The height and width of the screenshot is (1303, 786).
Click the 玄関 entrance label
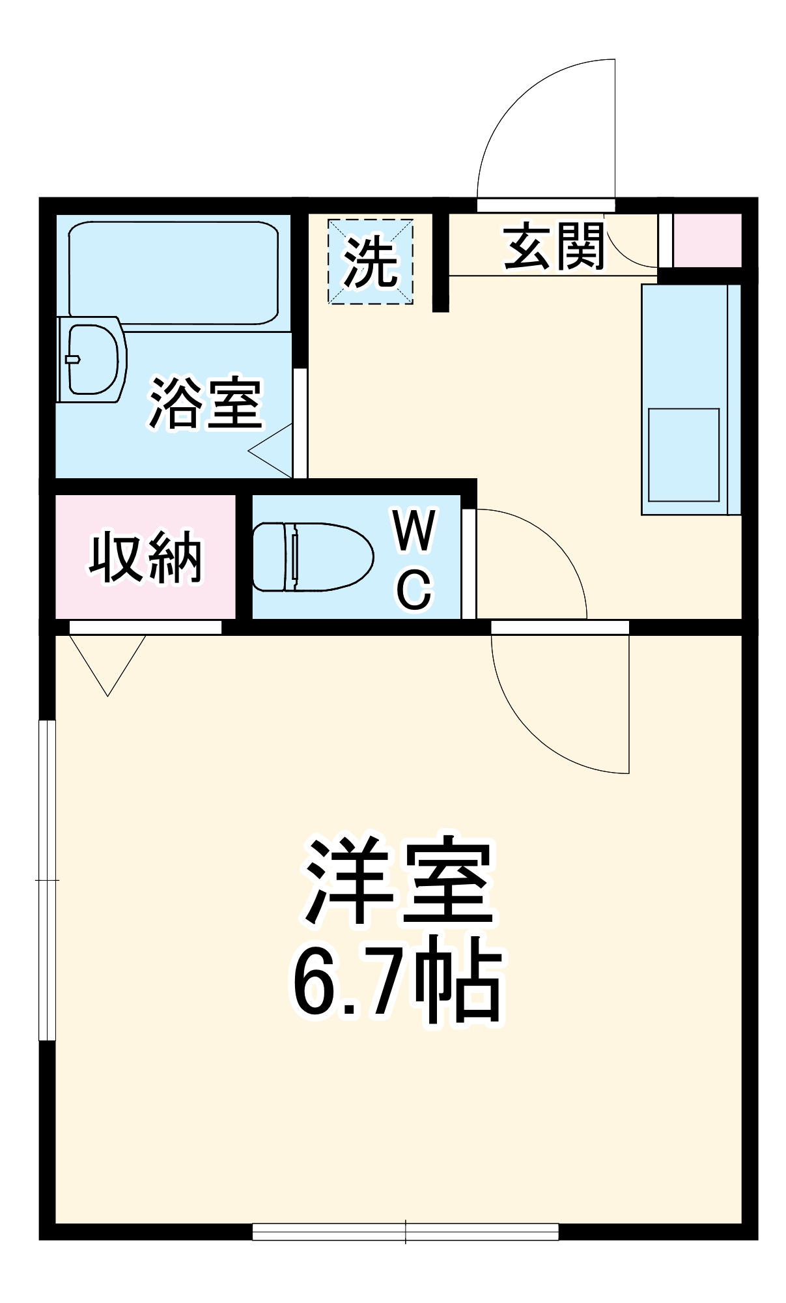[555, 247]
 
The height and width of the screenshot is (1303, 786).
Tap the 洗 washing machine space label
[370, 262]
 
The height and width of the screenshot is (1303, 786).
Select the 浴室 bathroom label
[206, 403]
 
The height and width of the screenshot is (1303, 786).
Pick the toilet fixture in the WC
[311, 556]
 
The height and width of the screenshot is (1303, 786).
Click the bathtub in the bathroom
[173, 272]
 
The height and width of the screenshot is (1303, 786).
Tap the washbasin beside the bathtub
[92, 359]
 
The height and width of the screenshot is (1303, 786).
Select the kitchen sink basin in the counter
[683, 454]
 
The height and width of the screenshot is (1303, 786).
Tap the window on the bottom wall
[405, 1231]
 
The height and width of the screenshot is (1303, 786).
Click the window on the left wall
[48, 880]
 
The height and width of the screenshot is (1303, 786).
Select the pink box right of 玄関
[707, 240]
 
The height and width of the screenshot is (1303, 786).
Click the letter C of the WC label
[414, 589]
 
